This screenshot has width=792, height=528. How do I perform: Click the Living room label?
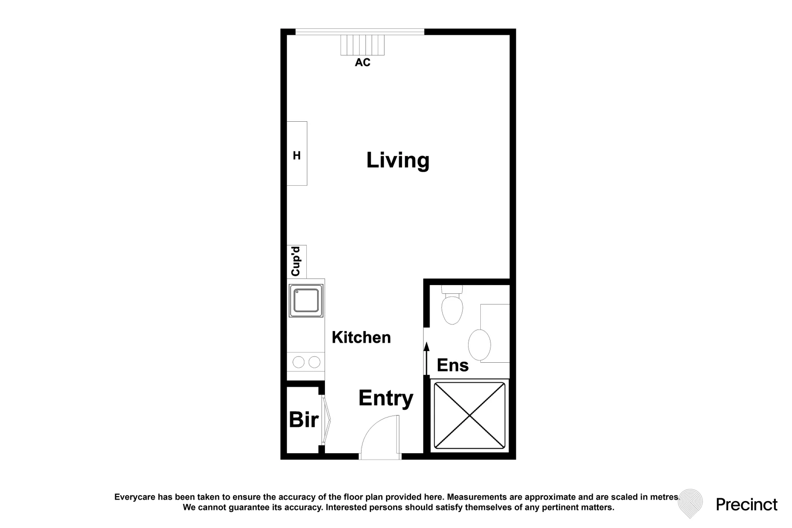398,161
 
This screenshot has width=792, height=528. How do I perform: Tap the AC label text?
363,63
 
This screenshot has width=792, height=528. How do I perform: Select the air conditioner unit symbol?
363,45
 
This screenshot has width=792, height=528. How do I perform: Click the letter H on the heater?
297,155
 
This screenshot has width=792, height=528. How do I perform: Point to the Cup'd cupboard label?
296,262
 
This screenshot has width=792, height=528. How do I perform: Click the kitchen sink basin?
306,300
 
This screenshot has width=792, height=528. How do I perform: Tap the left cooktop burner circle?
299,362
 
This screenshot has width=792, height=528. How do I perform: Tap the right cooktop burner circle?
315,362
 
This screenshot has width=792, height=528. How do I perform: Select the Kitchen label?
361,337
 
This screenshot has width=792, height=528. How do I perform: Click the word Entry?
385,398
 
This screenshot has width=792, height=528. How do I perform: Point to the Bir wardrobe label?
303,420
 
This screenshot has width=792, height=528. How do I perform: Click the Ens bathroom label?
452,365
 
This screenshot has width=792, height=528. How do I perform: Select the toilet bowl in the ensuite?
452,308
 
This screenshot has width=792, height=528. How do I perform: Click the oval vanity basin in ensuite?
479,345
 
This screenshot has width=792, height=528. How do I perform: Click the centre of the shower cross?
470,416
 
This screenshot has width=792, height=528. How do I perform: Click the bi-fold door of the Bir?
326,419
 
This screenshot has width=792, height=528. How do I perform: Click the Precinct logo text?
746,505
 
